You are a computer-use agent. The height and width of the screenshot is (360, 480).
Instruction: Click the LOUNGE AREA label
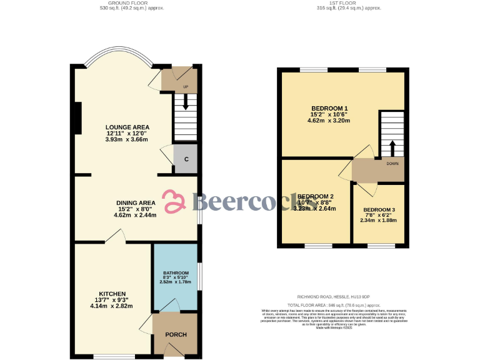127,127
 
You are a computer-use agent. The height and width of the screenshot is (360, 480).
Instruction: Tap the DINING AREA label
136,202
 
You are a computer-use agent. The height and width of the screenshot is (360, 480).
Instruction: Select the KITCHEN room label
112,294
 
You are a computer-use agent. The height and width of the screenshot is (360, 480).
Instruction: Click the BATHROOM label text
176,273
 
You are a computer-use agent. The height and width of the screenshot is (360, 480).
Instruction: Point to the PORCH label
176,334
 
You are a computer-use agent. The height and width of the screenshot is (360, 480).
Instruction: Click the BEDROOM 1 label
329,108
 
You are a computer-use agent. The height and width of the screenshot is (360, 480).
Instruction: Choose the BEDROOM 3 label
379,209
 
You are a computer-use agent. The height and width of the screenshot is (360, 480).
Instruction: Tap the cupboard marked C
186,159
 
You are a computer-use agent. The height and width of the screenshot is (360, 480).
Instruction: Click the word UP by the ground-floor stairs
186,86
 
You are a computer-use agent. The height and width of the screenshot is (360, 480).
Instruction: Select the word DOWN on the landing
392,164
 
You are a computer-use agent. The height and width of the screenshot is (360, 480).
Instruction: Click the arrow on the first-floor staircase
392,148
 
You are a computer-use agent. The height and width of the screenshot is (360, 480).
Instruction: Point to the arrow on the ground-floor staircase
186,103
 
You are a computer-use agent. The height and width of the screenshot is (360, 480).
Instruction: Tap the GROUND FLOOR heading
132,3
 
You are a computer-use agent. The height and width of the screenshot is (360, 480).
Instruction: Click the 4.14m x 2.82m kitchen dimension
111,306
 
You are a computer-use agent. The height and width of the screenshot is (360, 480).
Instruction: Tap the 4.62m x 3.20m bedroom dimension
329,121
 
